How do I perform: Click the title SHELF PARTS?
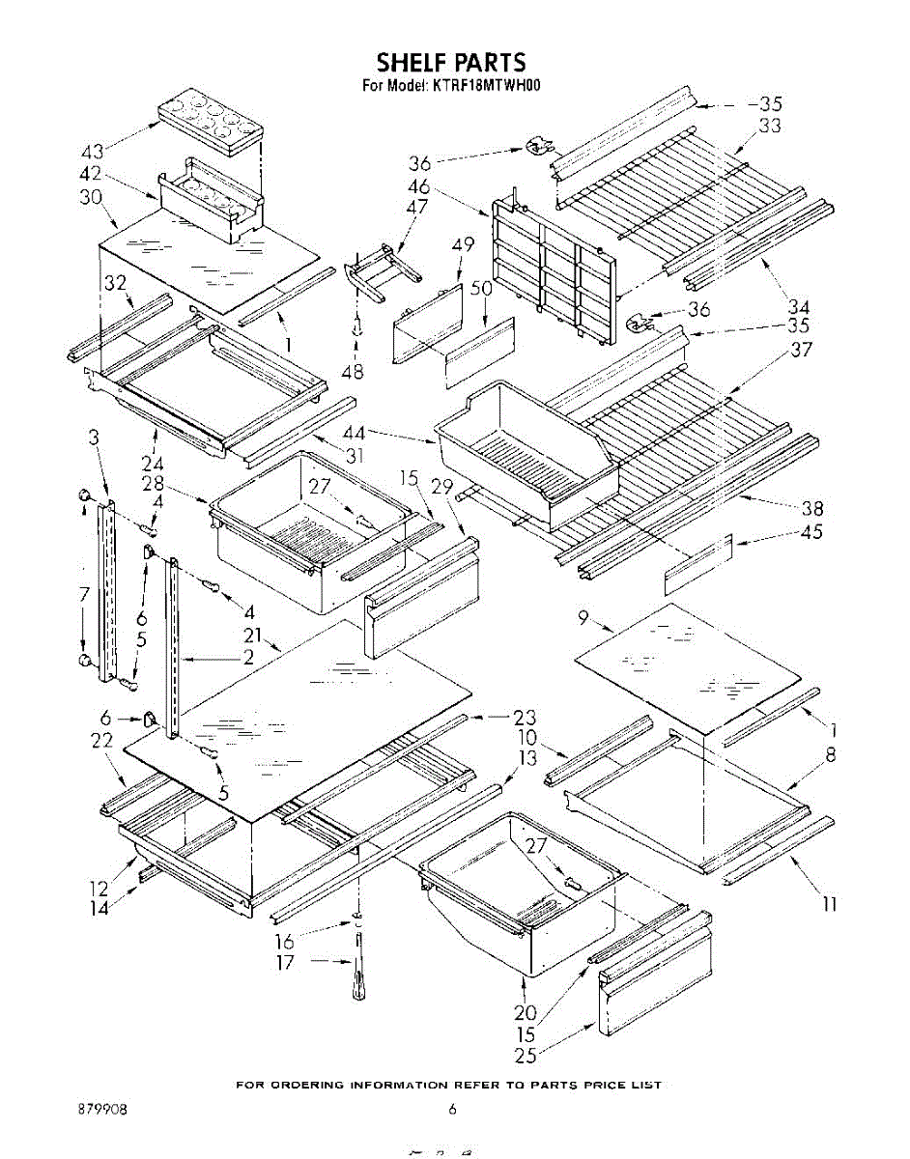tap(451, 62)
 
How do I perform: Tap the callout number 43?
tap(93, 152)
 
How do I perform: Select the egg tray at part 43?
tap(211, 122)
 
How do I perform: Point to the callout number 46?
tap(420, 186)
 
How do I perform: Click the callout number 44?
tap(355, 432)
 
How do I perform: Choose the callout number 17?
tap(285, 963)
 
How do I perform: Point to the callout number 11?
tap(830, 905)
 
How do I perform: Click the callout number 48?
tap(352, 371)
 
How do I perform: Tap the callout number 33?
tap(769, 126)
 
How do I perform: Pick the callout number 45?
tap(810, 532)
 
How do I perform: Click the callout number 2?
tap(248, 657)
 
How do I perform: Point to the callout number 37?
tap(801, 350)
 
